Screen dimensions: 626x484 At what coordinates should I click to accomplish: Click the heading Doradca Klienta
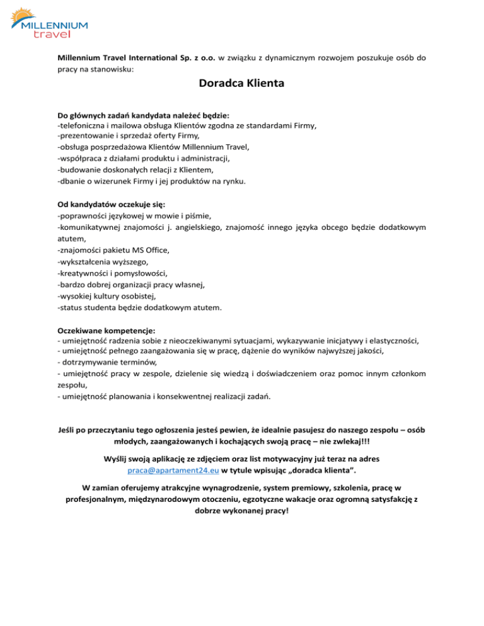241,83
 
